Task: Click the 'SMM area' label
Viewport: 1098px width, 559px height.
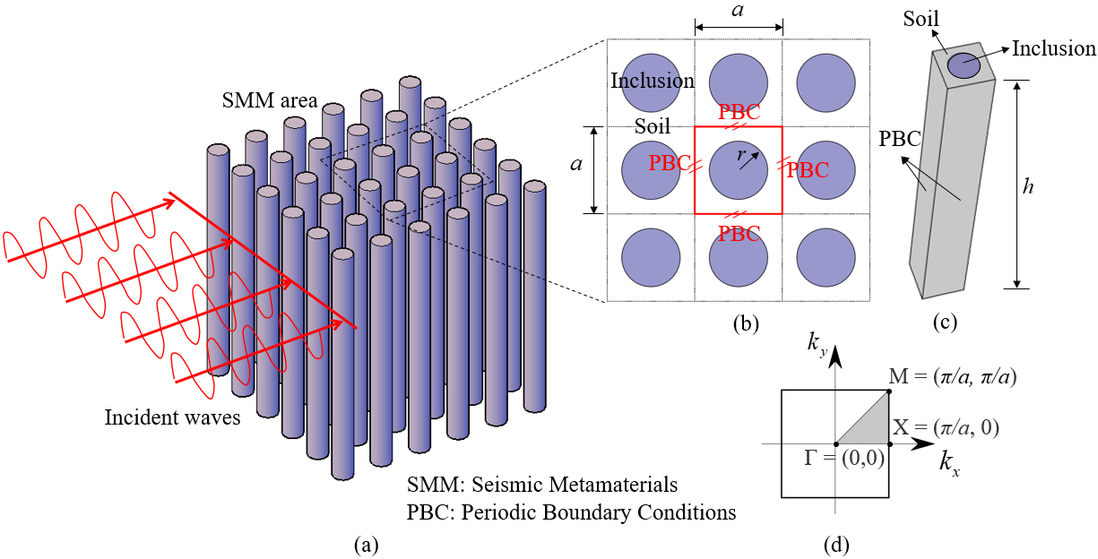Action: [x=269, y=101]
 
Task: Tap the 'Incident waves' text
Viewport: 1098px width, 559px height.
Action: [x=172, y=417]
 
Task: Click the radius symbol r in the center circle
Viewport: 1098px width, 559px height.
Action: [x=740, y=155]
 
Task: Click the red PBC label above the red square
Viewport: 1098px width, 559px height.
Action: [x=739, y=114]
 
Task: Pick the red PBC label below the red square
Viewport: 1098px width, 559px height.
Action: [x=739, y=235]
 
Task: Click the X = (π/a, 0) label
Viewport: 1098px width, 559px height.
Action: [x=946, y=427]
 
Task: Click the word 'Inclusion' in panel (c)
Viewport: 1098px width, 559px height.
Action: [x=1053, y=49]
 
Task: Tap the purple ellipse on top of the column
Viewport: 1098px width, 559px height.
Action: [x=964, y=64]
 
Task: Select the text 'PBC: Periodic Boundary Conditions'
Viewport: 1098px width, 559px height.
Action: [x=571, y=512]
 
